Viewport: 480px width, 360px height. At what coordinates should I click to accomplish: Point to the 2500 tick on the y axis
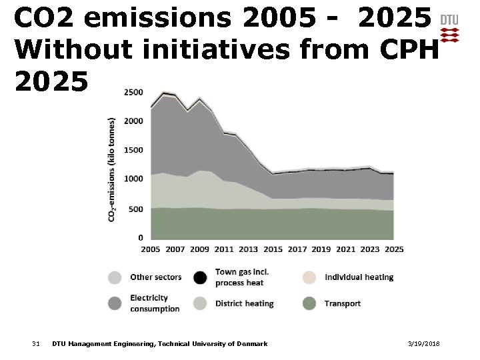[133, 92]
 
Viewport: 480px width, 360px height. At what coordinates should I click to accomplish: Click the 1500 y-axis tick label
[133, 150]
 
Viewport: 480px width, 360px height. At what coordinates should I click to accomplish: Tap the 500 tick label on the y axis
[135, 209]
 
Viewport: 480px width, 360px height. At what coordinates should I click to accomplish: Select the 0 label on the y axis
[139, 237]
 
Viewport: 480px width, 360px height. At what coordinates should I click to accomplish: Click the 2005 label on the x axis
[150, 249]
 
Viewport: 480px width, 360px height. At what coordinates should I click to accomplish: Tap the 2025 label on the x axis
[393, 249]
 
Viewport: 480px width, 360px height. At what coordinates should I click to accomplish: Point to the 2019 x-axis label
[321, 249]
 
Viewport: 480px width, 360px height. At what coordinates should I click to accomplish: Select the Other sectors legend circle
[115, 277]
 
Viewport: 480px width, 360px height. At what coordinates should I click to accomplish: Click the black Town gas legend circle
[199, 277]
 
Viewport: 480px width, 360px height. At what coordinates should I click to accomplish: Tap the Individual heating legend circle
[309, 277]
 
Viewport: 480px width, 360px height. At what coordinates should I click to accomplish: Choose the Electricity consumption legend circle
[115, 303]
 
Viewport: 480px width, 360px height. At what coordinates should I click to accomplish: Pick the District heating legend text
[244, 303]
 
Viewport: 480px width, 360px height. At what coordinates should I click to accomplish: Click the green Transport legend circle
[309, 303]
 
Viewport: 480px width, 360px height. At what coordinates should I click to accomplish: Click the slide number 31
[36, 343]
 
